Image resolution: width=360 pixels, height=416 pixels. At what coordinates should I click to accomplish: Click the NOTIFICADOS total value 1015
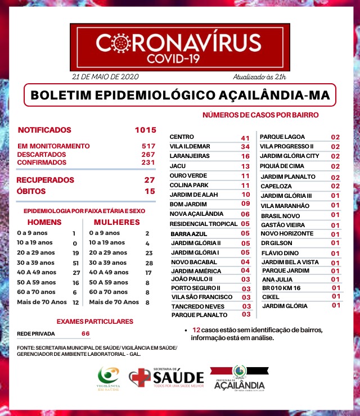145,130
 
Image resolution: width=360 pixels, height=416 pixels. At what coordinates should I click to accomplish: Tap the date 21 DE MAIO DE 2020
105,76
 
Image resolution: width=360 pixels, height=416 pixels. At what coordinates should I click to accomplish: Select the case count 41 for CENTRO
245,138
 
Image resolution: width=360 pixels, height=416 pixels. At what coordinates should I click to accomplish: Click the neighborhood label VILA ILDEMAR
190,146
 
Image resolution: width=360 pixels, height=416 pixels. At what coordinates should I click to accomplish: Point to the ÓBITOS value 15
150,191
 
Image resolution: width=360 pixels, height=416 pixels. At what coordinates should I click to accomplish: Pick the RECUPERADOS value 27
149,180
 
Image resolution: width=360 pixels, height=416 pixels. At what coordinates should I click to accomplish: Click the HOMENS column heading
44,222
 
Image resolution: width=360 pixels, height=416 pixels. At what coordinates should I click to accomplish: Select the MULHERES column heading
117,222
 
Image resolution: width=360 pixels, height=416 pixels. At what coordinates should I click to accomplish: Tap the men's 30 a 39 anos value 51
75,263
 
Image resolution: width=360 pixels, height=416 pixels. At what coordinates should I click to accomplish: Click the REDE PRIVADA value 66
85,333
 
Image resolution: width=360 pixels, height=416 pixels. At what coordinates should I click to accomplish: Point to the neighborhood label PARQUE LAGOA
282,137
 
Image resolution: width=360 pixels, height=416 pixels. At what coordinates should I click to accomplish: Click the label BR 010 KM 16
282,288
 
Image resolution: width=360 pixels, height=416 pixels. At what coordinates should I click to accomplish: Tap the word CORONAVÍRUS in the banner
179,42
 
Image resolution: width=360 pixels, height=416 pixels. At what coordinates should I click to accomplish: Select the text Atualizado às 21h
259,76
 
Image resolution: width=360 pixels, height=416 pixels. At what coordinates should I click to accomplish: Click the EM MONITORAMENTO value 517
148,146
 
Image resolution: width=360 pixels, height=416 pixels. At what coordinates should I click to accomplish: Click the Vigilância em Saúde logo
109,379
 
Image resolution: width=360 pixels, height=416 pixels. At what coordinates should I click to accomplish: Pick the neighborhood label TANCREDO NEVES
195,306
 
